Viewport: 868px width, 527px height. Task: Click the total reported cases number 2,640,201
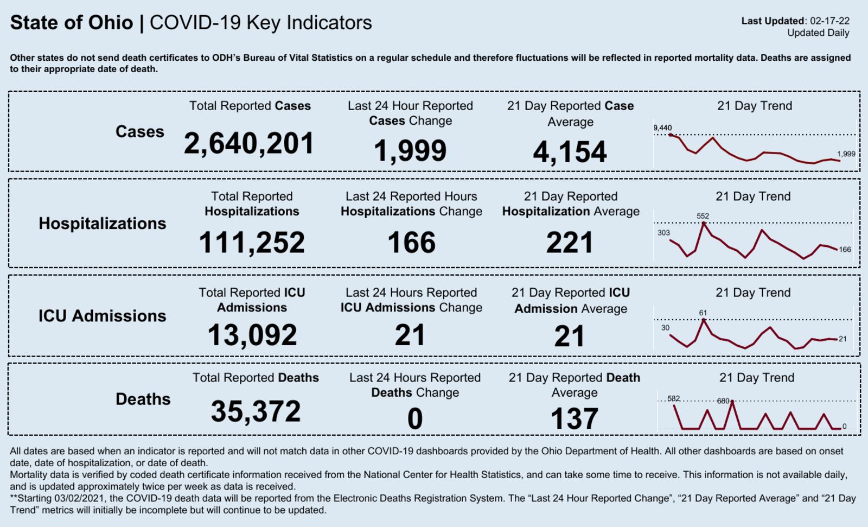coord(249,144)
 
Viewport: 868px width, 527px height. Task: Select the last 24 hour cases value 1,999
coord(410,151)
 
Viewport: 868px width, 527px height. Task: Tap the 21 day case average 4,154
coord(570,152)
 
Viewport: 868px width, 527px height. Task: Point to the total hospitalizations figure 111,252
coord(252,242)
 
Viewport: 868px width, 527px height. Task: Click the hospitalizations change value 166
coord(411,242)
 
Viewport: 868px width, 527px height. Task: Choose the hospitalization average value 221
coord(570,242)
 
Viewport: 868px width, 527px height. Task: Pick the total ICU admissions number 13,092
coord(252,335)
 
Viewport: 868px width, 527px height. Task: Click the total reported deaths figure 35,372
coord(256,411)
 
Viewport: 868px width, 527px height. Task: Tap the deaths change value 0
coord(415,419)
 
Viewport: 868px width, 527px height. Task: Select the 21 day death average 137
coord(574,419)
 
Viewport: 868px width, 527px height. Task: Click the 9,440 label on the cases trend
coord(662,128)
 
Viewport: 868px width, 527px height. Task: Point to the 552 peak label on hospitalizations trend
coord(703,216)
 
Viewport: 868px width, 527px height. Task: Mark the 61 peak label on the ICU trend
coord(703,313)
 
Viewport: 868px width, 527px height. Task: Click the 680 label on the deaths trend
coord(723,401)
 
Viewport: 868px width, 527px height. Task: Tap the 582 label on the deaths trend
coord(674,398)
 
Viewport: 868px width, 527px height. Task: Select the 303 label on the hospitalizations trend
coord(663,233)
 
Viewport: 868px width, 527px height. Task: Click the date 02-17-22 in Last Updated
coord(829,21)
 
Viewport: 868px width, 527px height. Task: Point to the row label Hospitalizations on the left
coord(102,224)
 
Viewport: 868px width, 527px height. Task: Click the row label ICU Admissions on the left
coord(102,316)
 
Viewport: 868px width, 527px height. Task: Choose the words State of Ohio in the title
coord(72,23)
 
